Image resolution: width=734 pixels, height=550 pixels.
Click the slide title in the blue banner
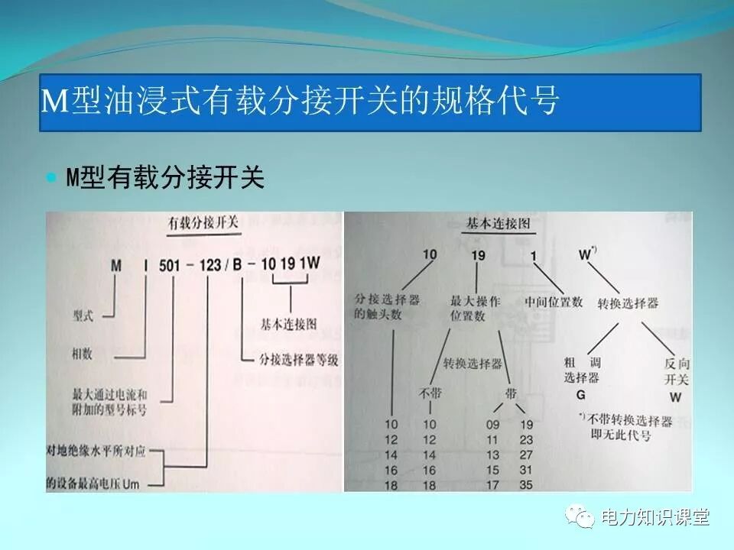[x=300, y=102]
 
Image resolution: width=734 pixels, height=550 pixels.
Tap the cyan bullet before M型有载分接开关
[x=52, y=178]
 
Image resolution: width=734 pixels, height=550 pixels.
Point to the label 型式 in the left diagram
[x=83, y=314]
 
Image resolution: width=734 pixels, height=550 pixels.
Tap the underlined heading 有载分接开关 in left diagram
[x=203, y=223]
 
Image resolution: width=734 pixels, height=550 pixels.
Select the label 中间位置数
[x=554, y=301]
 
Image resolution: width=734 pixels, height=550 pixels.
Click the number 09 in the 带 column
[x=493, y=425]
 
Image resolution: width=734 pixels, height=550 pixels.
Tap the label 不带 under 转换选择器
[x=429, y=393]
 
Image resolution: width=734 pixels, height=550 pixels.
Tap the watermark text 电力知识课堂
[x=656, y=517]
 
